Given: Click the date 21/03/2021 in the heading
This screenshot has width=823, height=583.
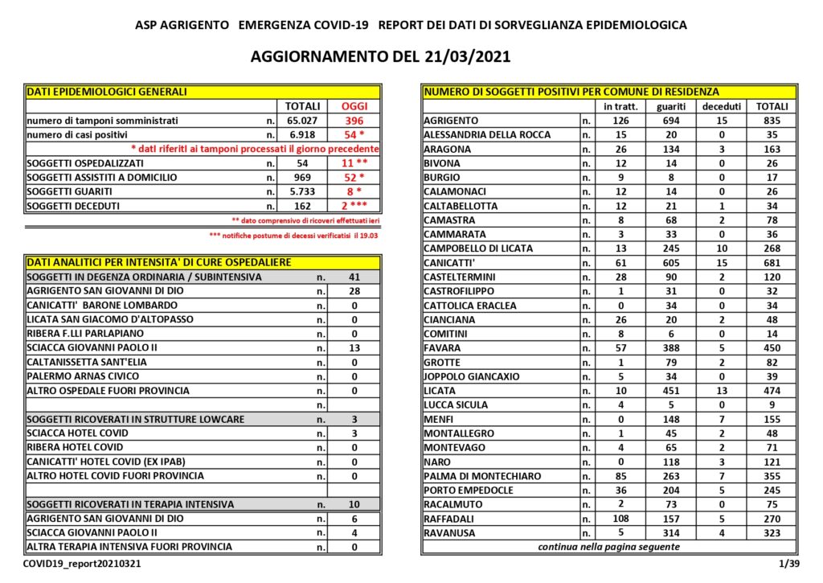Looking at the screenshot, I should pyautogui.click(x=465, y=57).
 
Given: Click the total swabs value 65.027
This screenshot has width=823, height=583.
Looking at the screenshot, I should pyautogui.click(x=302, y=121).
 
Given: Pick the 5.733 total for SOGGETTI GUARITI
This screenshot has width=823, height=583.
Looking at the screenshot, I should pyautogui.click(x=302, y=191).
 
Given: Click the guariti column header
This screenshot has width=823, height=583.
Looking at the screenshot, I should pyautogui.click(x=671, y=106).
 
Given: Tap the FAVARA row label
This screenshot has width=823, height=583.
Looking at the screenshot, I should pyautogui.click(x=443, y=348).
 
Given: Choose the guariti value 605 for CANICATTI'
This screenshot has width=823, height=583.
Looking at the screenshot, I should pyautogui.click(x=671, y=263).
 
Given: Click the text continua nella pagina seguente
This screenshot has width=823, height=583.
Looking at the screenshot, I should pyautogui.click(x=608, y=547).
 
